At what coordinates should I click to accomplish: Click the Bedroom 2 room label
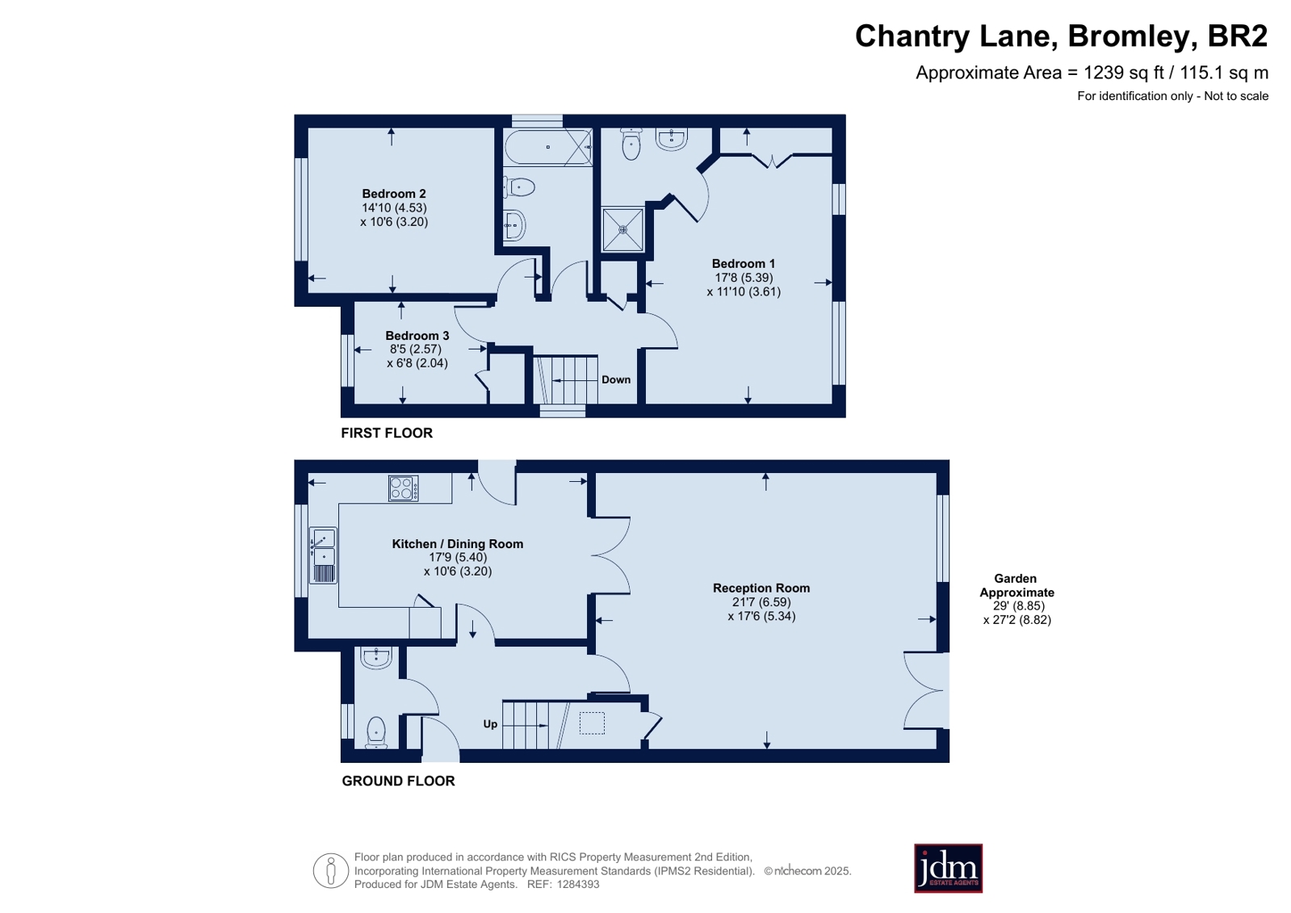point(394,194)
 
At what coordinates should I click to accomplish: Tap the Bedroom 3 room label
point(417,336)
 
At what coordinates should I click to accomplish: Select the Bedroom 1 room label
point(743,263)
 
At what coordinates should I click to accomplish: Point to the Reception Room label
point(761,588)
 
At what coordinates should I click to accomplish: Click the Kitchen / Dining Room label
point(458,543)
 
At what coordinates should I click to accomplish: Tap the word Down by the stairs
point(616,379)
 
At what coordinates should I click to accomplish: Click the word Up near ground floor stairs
point(490,724)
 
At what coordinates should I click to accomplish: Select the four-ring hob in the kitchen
point(404,488)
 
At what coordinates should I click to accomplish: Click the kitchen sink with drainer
point(323,555)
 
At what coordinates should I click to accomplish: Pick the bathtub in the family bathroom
point(548,147)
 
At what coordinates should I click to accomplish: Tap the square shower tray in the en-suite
point(622,229)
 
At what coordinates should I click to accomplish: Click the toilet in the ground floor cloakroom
point(376,732)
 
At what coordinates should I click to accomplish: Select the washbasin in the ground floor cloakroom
point(375,658)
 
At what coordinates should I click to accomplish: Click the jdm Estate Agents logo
point(948,868)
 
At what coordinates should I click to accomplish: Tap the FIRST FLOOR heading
point(387,433)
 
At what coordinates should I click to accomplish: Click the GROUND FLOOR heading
point(398,781)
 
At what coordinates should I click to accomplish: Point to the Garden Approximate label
point(1016,585)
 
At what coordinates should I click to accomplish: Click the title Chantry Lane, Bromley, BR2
point(1061,36)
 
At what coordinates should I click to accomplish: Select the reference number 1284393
point(577,884)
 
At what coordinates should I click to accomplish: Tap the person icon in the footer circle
point(331,870)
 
